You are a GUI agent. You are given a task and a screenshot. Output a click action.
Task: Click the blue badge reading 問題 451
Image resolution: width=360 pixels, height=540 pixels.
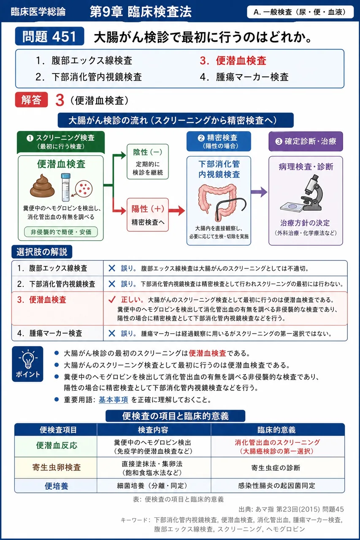[x=49, y=36]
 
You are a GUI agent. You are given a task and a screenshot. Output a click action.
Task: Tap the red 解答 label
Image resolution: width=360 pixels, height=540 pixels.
[x=31, y=100]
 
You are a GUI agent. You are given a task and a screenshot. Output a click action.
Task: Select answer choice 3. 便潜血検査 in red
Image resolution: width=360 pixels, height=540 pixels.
[x=233, y=60]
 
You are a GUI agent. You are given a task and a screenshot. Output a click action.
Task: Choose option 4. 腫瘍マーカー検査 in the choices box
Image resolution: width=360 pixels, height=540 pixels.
[x=244, y=77]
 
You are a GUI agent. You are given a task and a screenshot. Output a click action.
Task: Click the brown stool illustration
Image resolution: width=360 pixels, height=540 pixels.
[x=42, y=186]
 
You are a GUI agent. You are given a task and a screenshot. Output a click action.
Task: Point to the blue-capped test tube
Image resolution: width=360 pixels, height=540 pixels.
[x=65, y=187]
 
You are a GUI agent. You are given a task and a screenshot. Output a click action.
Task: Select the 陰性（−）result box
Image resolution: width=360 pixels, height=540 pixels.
[x=148, y=162]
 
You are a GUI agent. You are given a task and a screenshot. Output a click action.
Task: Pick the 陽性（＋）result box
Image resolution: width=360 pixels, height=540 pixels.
[x=148, y=215]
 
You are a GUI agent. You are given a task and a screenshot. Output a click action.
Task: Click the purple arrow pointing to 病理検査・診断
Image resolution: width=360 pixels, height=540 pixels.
[x=259, y=192]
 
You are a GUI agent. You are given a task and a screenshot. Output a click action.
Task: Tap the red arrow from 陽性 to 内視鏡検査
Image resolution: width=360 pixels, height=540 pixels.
[x=177, y=211]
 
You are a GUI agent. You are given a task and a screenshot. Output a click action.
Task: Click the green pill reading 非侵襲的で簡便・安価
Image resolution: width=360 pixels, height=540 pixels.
[x=61, y=232]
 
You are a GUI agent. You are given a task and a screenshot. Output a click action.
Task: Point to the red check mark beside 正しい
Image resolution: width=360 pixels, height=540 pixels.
[x=112, y=300]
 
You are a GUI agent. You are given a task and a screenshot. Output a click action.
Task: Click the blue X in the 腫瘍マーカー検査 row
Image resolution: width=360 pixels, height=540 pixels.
[x=112, y=333]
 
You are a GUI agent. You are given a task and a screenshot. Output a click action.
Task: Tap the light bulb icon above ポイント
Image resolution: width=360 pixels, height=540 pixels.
[x=28, y=360]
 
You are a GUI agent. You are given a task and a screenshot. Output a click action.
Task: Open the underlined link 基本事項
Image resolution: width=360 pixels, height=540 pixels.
[x=114, y=400]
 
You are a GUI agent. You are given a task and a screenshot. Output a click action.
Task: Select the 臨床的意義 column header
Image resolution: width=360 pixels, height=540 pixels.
[x=276, y=430]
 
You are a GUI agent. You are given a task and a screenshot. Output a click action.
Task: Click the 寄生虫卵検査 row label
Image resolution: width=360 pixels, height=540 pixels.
[x=57, y=467]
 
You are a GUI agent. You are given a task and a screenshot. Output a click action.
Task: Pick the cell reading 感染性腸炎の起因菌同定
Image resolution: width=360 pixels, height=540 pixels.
[x=276, y=485]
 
